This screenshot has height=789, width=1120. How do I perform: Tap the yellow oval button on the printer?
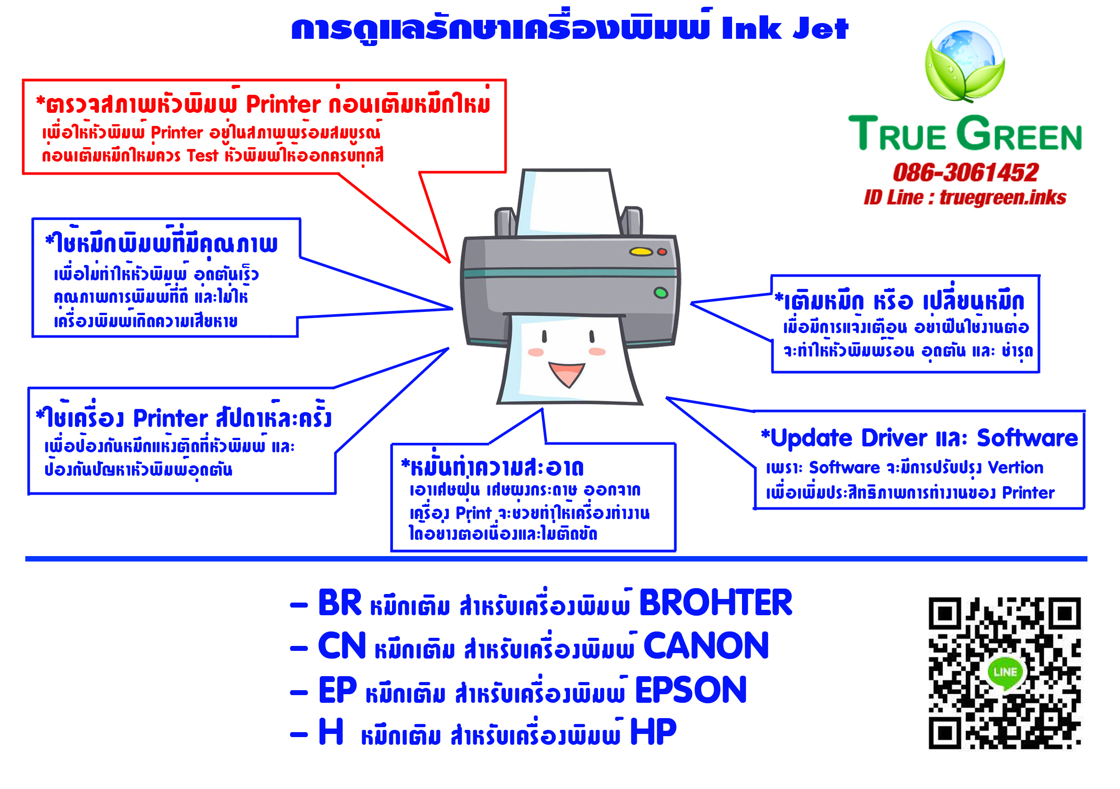point(640,251)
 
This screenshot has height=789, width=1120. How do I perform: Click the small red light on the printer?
point(662,251)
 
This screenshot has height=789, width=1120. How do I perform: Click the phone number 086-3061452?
point(966,172)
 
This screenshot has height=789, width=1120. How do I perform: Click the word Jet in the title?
point(821,28)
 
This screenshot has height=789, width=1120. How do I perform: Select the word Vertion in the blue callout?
point(1015,467)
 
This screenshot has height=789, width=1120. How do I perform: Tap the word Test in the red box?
point(202,156)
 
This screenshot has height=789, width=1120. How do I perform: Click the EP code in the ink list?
point(337,690)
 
